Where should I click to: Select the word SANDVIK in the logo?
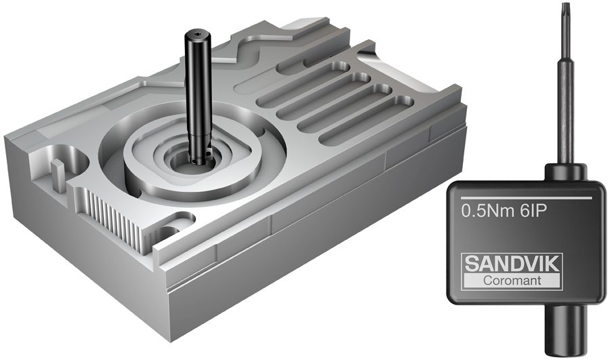[512, 264]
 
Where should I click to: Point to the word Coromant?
[512, 280]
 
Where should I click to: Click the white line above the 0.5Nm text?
[526, 198]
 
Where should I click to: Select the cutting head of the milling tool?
[201, 153]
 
